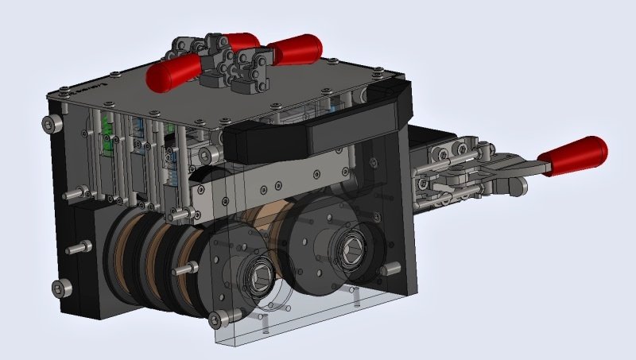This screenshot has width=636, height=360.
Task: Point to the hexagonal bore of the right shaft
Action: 351,252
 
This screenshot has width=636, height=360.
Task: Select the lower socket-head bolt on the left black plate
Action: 56,288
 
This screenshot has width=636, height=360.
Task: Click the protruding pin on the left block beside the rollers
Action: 74,249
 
